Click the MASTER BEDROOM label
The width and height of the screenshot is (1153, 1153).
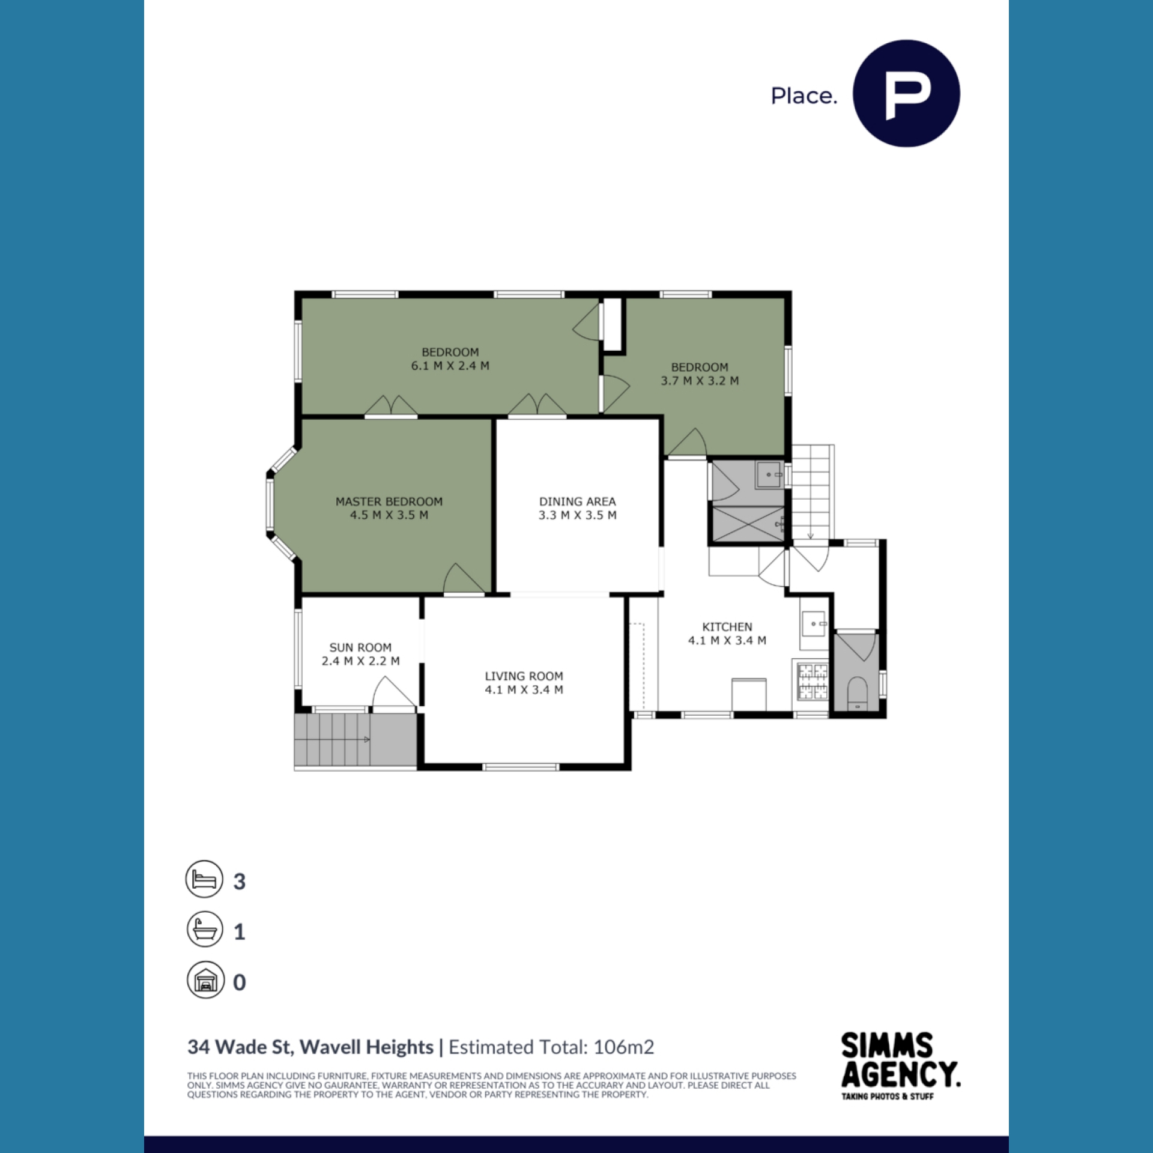(x=389, y=501)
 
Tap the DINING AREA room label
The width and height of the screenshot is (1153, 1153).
(x=577, y=501)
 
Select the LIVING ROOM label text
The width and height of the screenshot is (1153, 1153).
(x=524, y=676)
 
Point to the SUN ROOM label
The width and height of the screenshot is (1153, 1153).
(x=360, y=647)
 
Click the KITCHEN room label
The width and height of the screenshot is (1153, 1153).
(x=727, y=627)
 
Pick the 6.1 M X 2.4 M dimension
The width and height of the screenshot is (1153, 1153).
(x=450, y=366)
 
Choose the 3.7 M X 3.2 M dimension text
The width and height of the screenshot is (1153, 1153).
(x=700, y=381)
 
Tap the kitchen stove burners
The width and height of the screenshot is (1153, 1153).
(x=813, y=681)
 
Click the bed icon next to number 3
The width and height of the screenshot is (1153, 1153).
(x=204, y=879)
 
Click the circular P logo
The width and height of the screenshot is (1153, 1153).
(x=906, y=94)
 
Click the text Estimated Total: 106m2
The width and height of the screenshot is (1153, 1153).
(x=551, y=1047)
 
